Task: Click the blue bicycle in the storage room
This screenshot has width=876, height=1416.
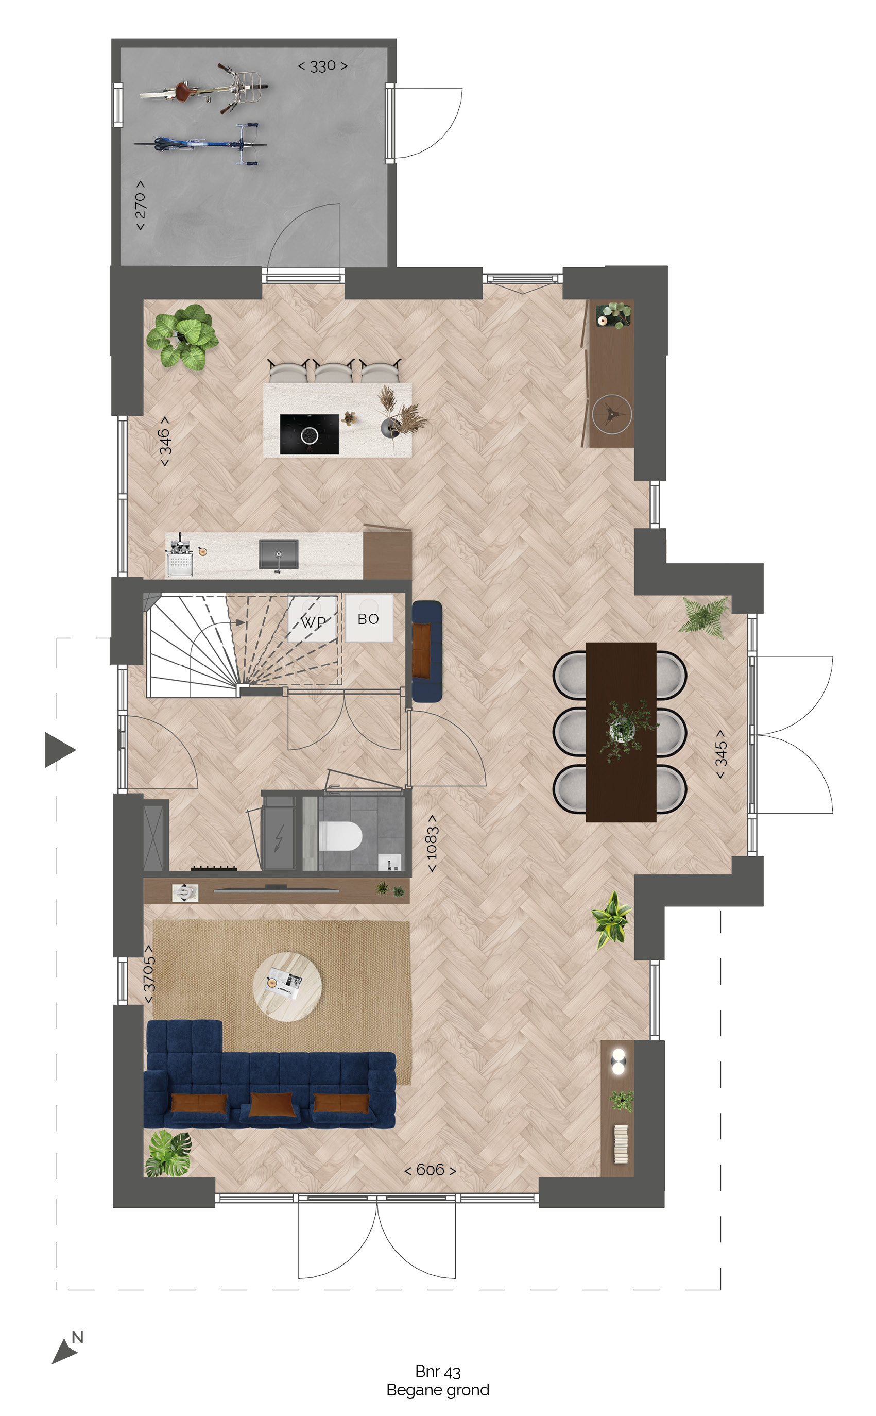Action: tap(200, 143)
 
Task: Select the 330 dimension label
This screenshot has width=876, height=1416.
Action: tap(323, 66)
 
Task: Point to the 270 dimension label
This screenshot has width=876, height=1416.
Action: tap(140, 205)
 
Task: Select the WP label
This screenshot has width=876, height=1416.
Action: tap(314, 622)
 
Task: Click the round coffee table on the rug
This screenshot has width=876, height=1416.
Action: tap(287, 986)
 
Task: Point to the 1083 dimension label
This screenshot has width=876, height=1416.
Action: tap(432, 843)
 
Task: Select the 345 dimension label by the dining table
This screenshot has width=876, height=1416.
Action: tap(720, 754)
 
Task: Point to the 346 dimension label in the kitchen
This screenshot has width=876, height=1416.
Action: tap(165, 441)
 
